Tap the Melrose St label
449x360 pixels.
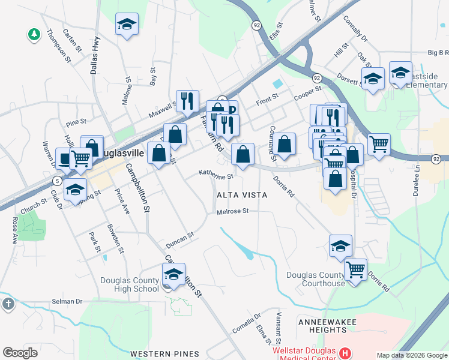pyautogui.click(x=233, y=211)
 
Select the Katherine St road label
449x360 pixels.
pyautogui.click(x=216, y=176)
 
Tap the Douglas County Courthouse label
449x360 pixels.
pyautogui.click(x=316, y=279)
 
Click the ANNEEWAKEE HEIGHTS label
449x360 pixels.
pyautogui.click(x=327, y=327)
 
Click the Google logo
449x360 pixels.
pyautogui.click(x=20, y=353)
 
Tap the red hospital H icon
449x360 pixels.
pyautogui.click(x=345, y=353)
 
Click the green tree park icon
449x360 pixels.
pyautogui.click(x=34, y=34)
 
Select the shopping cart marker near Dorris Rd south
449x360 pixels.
pyautogui.click(x=356, y=270)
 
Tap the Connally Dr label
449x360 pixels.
pyautogui.click(x=355, y=28)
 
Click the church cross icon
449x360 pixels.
pyautogui.click(x=8, y=304)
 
